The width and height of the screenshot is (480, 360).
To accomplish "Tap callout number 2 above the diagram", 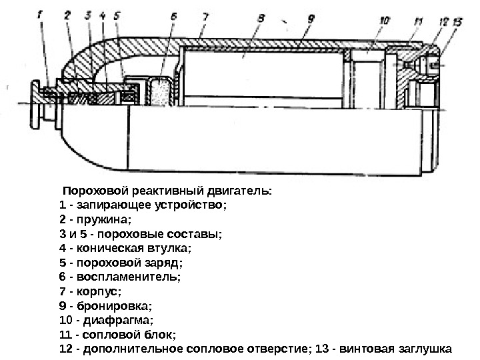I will pyautogui.click(x=68, y=13).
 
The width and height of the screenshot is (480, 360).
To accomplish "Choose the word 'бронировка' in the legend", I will pyautogui.click(x=114, y=306).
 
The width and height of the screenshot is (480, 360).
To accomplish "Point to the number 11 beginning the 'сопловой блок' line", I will pyautogui.click(x=65, y=335).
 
